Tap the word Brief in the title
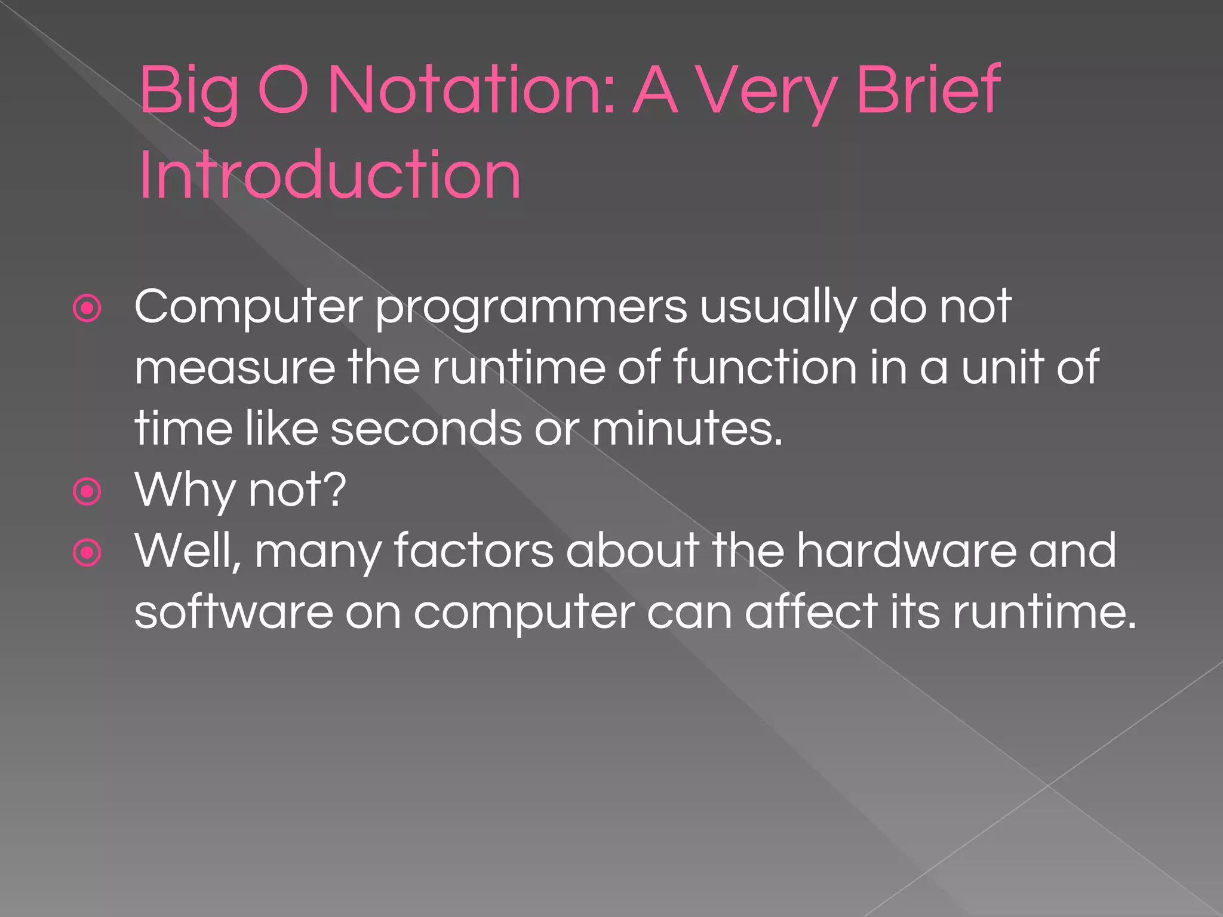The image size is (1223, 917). tap(929, 91)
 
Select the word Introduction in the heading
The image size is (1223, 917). tap(330, 176)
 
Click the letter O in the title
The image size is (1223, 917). tap(283, 91)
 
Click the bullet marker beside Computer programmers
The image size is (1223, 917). tap(87, 309)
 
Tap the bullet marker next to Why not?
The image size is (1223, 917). tap(87, 492)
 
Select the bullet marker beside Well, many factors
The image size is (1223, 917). tap(87, 553)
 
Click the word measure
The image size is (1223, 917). tap(235, 368)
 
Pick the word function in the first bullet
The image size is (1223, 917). tap(765, 368)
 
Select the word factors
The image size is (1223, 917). tap(474, 551)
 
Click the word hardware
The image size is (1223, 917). tap(906, 551)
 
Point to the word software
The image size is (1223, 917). tap(233, 613)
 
